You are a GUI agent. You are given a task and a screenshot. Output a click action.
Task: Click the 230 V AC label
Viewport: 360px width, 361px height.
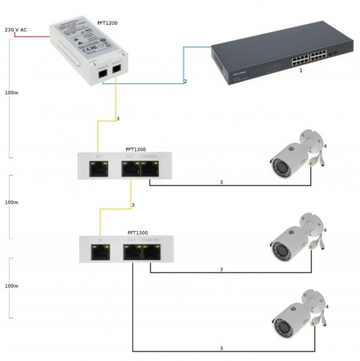coord(15,30)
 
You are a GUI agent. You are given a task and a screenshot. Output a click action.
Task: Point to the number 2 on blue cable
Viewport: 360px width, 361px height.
coord(184,82)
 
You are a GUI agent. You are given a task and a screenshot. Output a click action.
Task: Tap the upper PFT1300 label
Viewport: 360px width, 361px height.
coord(136,148)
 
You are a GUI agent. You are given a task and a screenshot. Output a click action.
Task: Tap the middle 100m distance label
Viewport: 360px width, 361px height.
coord(11,202)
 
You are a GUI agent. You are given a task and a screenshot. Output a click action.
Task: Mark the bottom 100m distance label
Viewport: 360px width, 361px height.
coord(11,286)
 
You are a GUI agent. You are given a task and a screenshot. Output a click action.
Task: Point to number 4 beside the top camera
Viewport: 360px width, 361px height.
coord(326,145)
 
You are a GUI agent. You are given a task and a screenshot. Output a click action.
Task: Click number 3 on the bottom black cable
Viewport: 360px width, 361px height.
coord(221,348)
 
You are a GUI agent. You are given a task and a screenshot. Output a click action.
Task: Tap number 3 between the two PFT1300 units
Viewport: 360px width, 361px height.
coord(133,206)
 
